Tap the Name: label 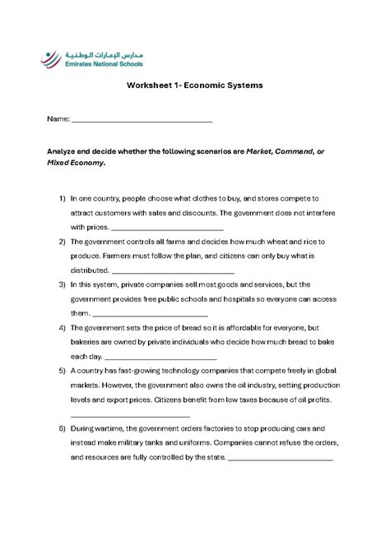pos(58,119)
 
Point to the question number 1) pos(62,199)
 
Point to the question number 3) pos(62,284)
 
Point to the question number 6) pos(62,429)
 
